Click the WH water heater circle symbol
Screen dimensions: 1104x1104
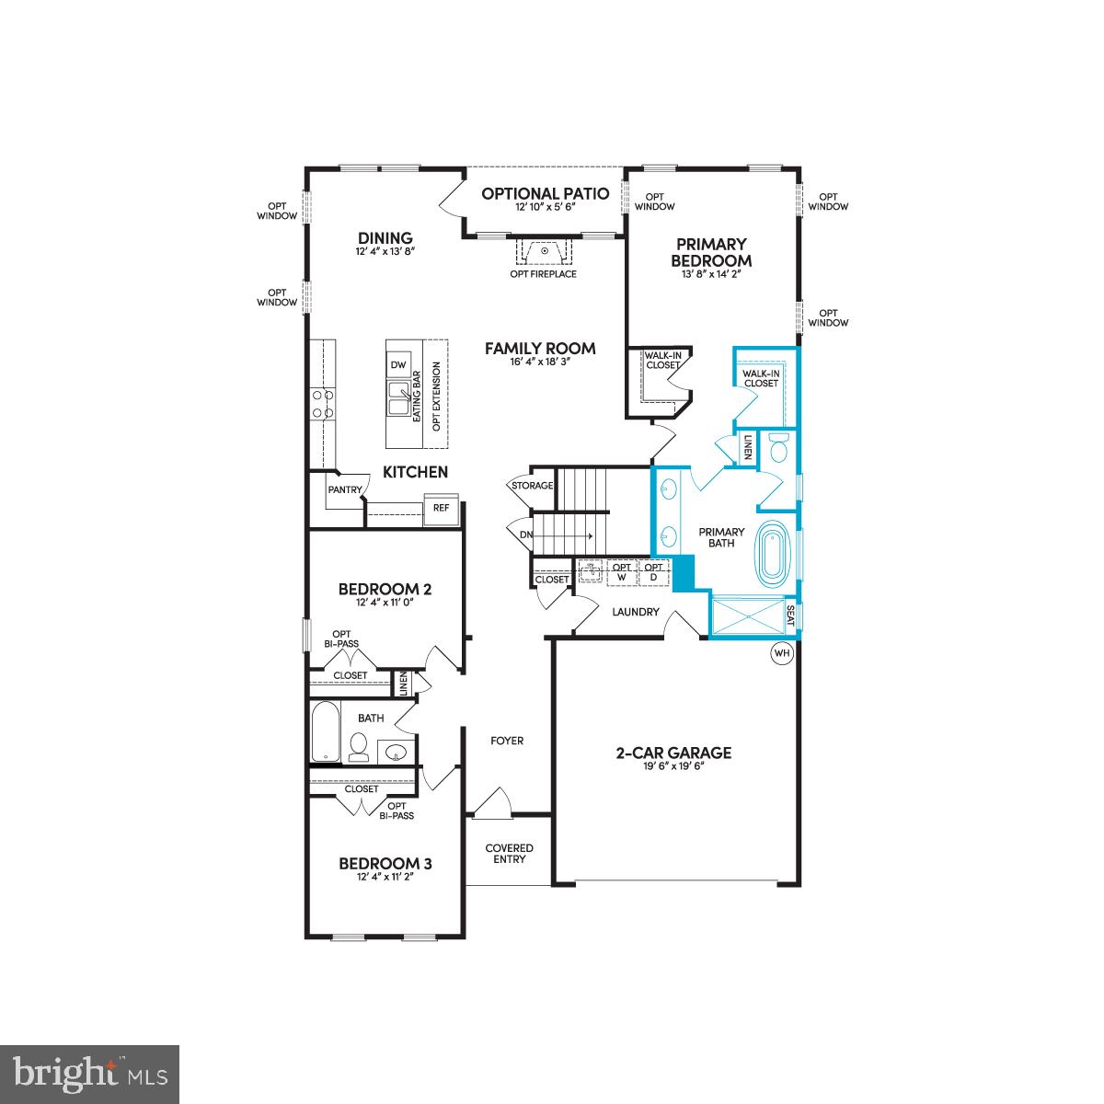pyautogui.click(x=782, y=653)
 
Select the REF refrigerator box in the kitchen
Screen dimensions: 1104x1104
pyautogui.click(x=441, y=508)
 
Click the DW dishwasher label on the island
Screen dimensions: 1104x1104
pyautogui.click(x=398, y=365)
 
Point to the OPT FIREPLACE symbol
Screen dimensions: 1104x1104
pyautogui.click(x=544, y=250)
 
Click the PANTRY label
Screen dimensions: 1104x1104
pyautogui.click(x=345, y=490)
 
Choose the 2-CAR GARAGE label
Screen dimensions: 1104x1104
pyautogui.click(x=673, y=753)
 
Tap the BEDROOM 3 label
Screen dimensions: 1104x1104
pyautogui.click(x=385, y=863)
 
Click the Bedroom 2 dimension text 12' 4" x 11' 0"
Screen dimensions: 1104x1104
pyautogui.click(x=385, y=604)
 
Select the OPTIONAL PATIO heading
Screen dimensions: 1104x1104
pyautogui.click(x=546, y=193)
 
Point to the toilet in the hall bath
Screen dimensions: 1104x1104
pyautogui.click(x=358, y=747)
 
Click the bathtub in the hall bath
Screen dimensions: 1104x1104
pyautogui.click(x=325, y=731)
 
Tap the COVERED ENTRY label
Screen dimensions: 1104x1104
pyautogui.click(x=510, y=853)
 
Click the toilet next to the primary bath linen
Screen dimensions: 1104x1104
pyautogui.click(x=779, y=449)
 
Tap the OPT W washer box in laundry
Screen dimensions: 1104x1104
pyautogui.click(x=622, y=571)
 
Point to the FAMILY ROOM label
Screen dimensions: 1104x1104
pyautogui.click(x=540, y=349)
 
